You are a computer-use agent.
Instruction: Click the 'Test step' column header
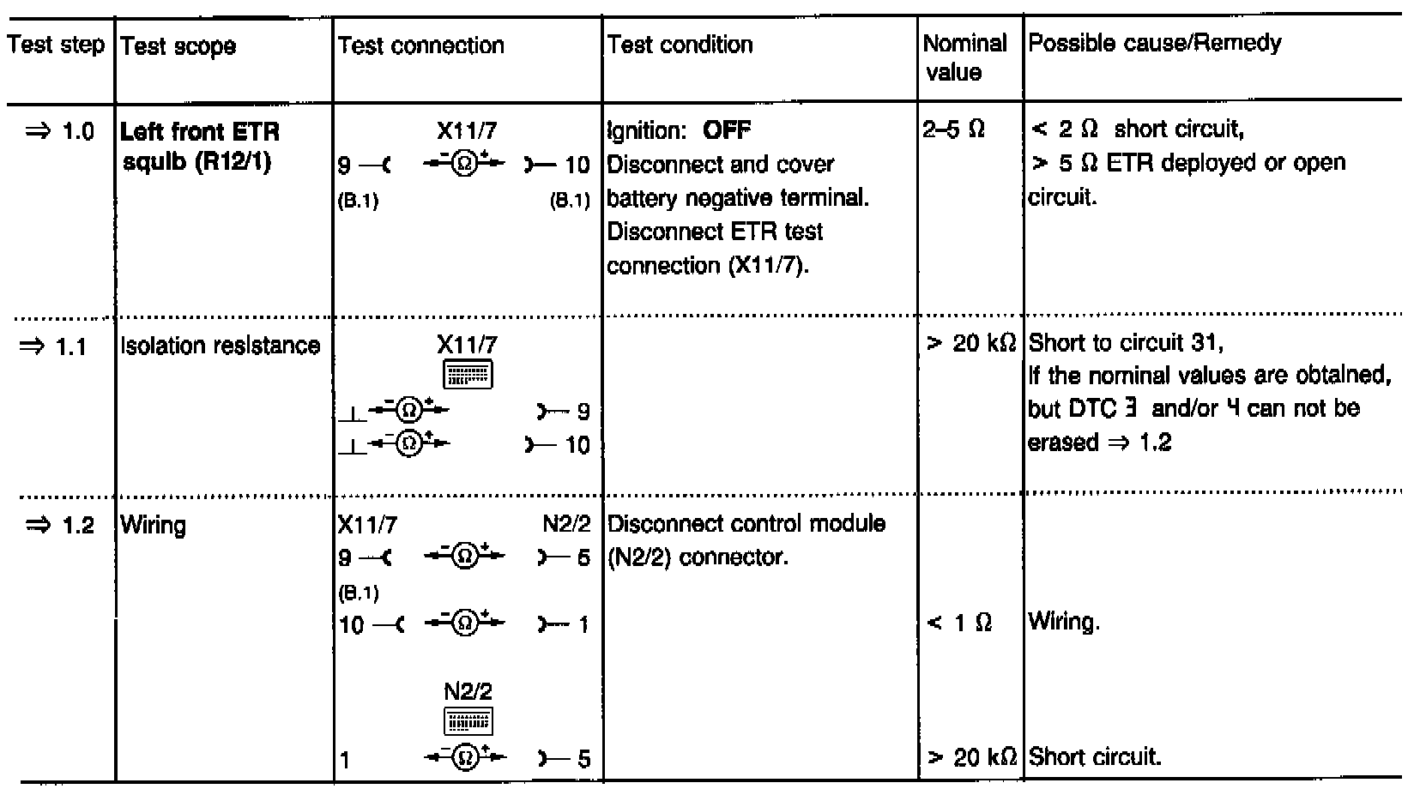coord(56,45)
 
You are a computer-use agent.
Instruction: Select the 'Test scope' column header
coord(178,46)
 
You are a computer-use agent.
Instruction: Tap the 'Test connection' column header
coord(420,45)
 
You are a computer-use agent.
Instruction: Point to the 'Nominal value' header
coord(964,57)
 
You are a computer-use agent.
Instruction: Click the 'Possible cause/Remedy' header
coord(1155,43)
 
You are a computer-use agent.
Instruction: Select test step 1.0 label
coord(60,132)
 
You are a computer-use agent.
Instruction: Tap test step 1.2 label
coord(60,525)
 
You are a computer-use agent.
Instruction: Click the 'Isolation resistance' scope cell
coord(221,346)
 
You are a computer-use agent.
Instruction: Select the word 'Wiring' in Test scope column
coord(154,525)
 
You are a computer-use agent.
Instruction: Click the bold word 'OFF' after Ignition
coord(726,130)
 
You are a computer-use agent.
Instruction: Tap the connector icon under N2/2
coord(468,721)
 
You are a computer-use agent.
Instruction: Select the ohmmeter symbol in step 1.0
coord(464,164)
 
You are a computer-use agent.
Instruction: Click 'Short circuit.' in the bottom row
coord(1095,757)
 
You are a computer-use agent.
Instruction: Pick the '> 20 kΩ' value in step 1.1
coord(971,344)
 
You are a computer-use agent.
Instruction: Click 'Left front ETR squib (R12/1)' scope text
coord(200,147)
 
